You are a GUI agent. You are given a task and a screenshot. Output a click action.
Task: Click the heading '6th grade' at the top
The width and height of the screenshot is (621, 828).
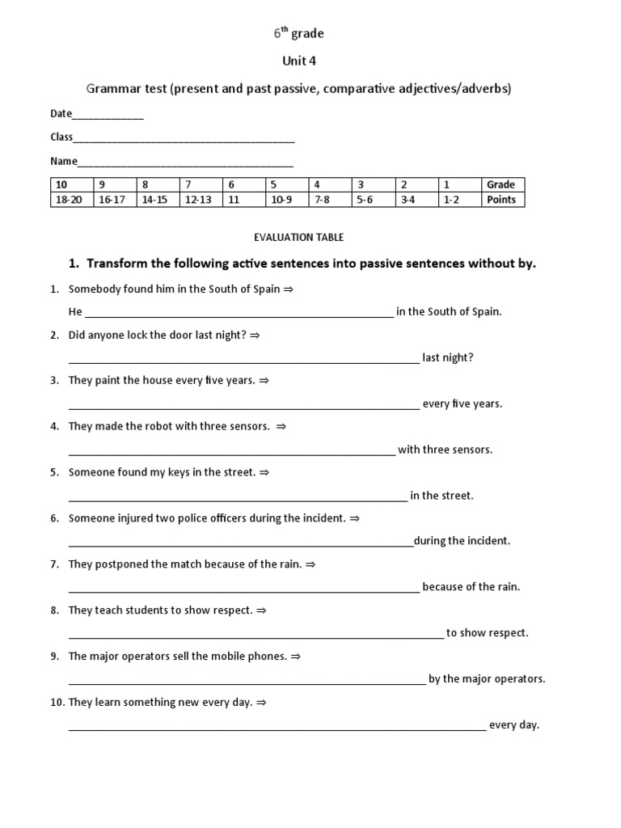tap(298, 34)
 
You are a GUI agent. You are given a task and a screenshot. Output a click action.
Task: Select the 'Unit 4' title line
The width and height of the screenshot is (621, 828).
tap(298, 61)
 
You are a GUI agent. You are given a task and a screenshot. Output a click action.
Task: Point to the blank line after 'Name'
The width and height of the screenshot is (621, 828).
tap(185, 163)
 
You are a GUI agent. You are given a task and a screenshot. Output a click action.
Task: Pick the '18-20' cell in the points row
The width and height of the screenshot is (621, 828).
tap(69, 200)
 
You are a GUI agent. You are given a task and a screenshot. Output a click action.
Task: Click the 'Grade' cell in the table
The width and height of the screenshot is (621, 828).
tap(501, 184)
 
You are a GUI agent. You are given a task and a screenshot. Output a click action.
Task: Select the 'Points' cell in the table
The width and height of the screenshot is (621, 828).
tap(501, 200)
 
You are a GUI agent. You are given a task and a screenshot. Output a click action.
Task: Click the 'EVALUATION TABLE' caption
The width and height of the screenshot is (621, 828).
tap(298, 237)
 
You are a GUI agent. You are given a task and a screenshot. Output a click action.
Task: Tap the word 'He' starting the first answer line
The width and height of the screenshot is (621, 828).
tap(75, 311)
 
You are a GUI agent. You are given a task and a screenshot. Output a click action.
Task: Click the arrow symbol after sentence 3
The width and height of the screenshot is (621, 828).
tap(264, 380)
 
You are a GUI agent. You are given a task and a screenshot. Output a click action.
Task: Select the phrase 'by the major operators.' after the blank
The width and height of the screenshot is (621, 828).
tap(487, 679)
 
